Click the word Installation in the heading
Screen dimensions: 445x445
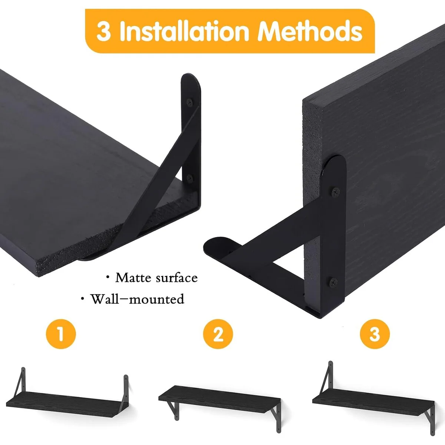[184, 31]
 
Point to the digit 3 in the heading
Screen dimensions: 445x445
[103, 32]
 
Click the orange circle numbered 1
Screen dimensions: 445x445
[61, 334]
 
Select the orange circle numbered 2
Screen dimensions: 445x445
[218, 334]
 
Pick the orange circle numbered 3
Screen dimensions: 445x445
[375, 334]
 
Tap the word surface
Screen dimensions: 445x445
[177, 278]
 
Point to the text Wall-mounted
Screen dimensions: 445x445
[137, 299]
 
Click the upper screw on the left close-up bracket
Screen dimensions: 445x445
[189, 102]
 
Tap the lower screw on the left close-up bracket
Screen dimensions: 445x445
[189, 178]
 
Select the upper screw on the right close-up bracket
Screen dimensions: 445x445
[336, 191]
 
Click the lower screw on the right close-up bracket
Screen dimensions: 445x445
[333, 282]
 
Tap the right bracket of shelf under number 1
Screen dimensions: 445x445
[126, 388]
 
